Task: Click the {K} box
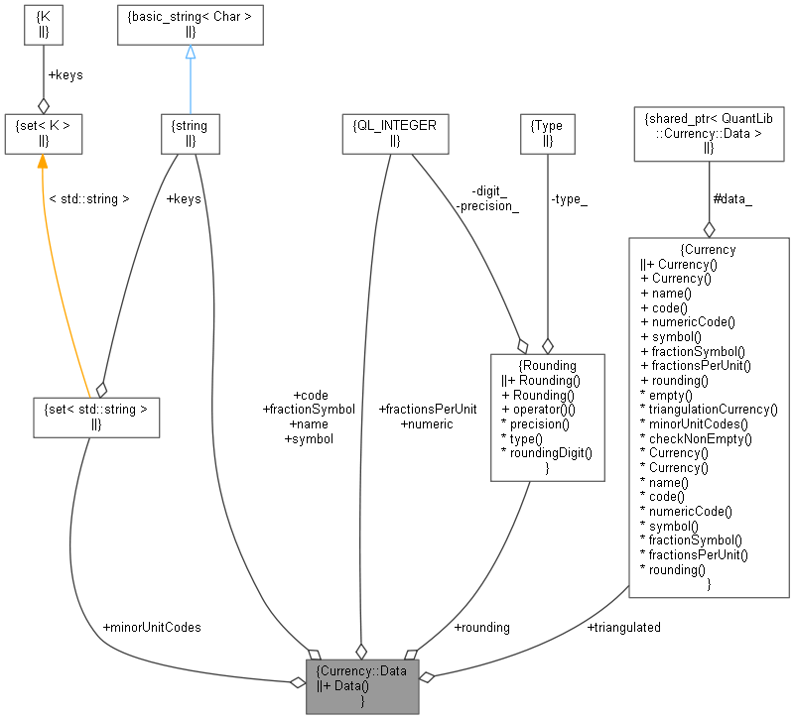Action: tap(43, 26)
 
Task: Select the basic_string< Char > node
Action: tap(190, 26)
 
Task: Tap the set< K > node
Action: tap(43, 133)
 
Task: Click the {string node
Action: tap(190, 133)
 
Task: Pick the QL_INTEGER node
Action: tap(394, 133)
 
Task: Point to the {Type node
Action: tap(547, 133)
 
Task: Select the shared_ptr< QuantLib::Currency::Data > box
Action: tap(709, 133)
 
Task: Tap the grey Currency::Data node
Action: tap(361, 685)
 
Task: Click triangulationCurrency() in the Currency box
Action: tap(709, 409)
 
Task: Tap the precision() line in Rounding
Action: tap(536, 423)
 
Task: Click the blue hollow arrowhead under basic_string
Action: tap(190, 52)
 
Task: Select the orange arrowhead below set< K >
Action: tap(43, 161)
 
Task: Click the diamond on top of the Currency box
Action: tap(709, 228)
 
